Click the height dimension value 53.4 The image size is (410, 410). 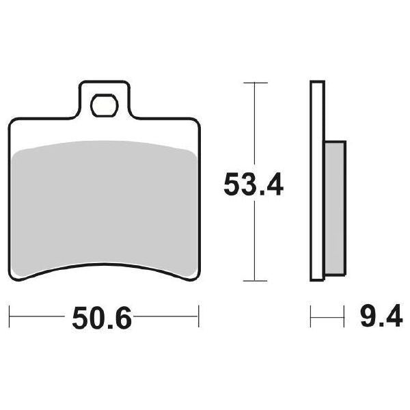[254, 184]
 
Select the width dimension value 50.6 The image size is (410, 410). [102, 318]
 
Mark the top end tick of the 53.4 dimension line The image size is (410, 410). [255, 83]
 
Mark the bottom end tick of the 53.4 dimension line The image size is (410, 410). [255, 280]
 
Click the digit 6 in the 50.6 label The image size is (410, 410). [123, 318]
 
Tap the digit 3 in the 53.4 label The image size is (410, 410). [247, 184]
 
